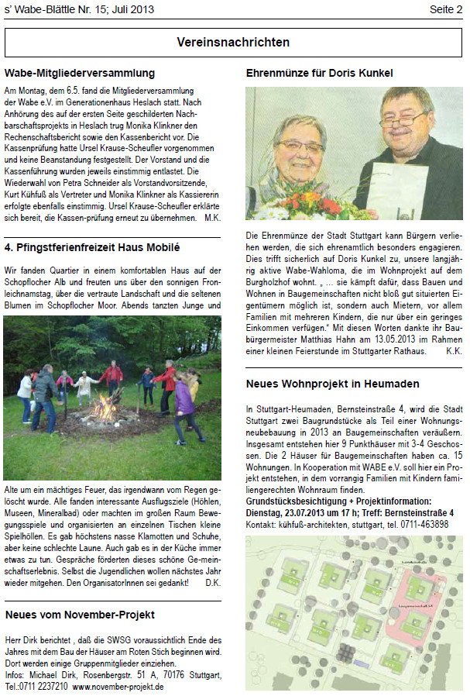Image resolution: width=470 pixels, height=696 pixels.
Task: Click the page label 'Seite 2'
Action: (447, 9)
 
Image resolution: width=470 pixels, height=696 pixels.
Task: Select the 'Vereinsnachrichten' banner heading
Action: (233, 42)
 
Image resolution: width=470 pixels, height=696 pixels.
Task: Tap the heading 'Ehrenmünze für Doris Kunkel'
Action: (319, 74)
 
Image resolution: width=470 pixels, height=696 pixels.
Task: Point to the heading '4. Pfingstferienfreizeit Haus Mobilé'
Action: (91, 248)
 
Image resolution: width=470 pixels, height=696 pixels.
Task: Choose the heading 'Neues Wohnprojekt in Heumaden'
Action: (332, 384)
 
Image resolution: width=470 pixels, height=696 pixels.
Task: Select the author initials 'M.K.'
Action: (212, 219)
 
